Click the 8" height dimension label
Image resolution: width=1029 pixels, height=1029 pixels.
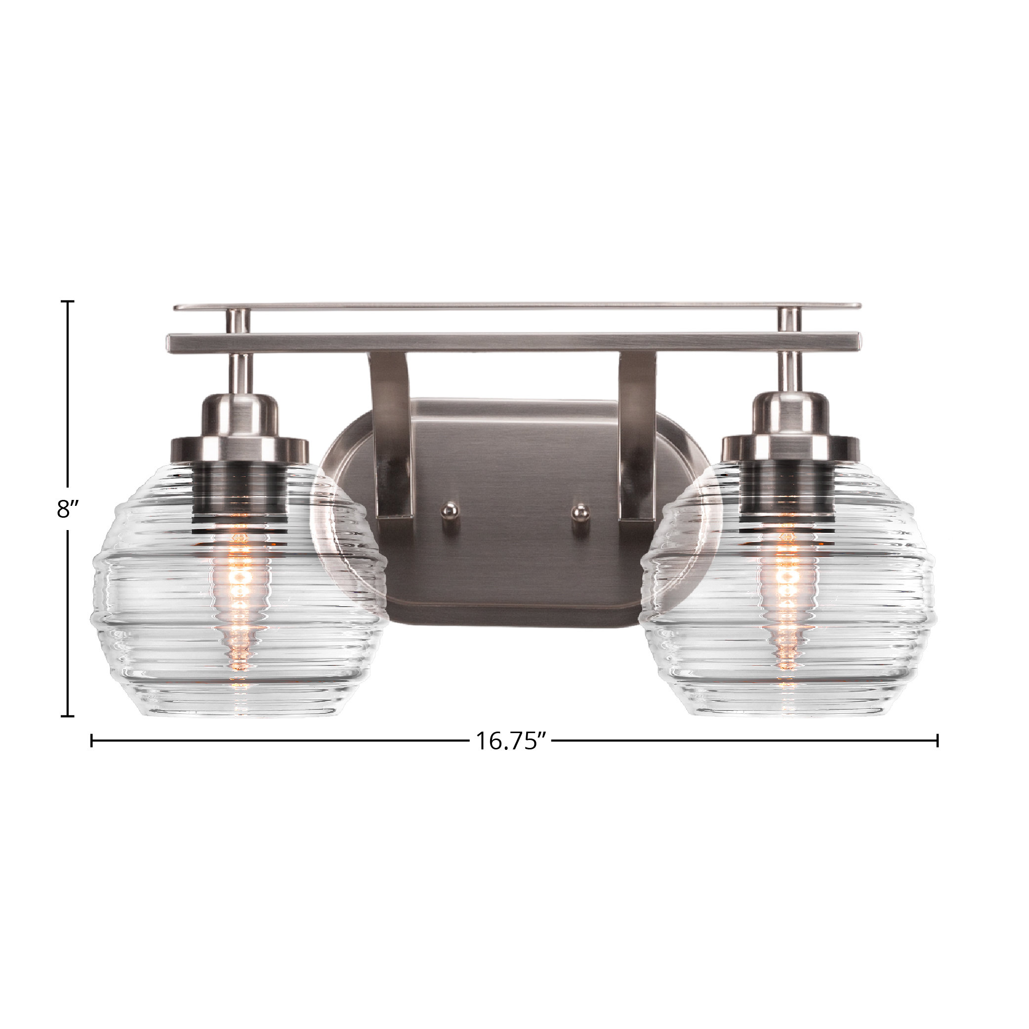[x=68, y=509]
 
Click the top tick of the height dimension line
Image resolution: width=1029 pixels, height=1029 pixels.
[x=67, y=301]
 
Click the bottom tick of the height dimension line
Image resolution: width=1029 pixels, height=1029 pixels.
[x=67, y=716]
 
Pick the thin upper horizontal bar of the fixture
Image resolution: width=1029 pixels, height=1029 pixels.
[x=517, y=307]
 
